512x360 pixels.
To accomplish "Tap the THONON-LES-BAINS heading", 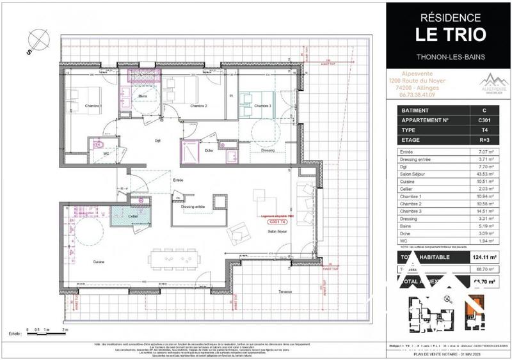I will point(451,56).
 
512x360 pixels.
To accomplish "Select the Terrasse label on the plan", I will point(285,292).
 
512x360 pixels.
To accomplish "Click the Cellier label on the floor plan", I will point(132,217).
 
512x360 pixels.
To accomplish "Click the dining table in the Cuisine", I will point(175,259).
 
